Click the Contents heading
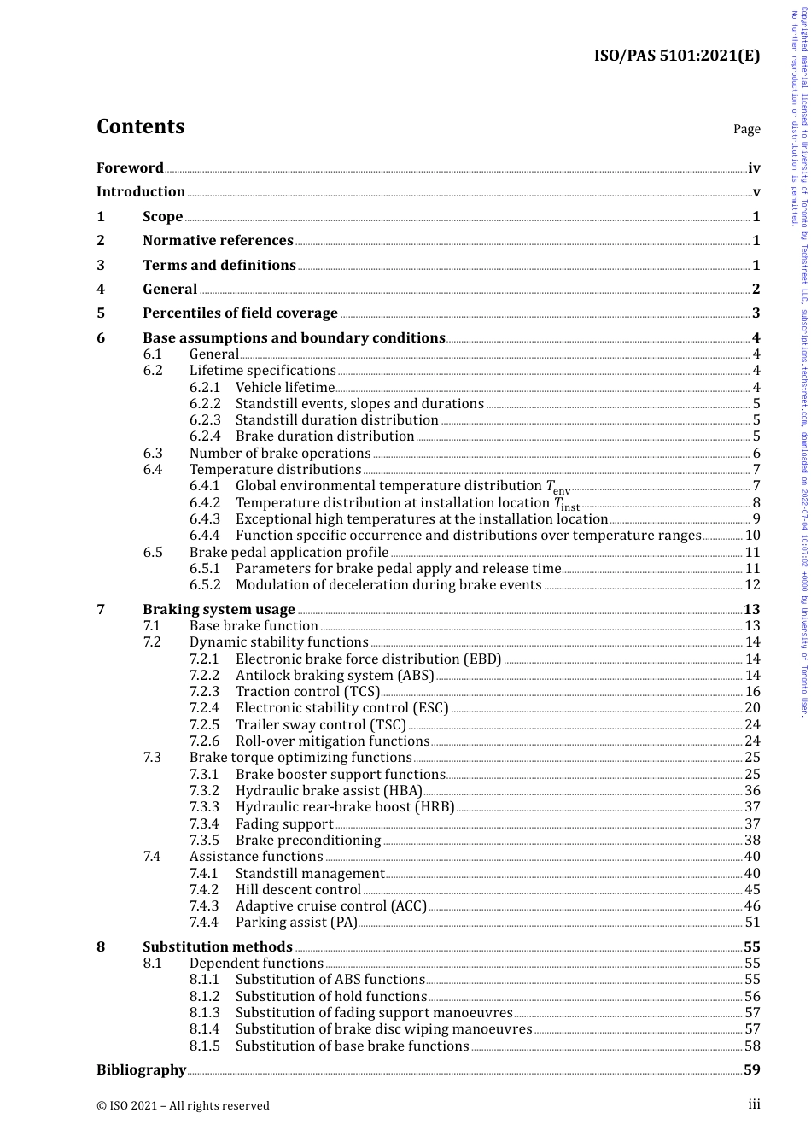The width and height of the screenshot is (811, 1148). (140, 126)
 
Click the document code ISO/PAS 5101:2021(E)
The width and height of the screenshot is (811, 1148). (676, 56)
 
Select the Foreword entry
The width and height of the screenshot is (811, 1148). (130, 168)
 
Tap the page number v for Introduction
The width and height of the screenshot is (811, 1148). (756, 192)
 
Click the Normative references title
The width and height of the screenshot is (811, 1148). (218, 241)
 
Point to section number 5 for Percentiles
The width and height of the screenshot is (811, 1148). (101, 313)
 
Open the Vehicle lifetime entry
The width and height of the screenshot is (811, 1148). (285, 388)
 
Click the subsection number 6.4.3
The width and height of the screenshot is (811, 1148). (204, 519)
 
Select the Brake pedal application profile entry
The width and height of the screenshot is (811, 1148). (289, 553)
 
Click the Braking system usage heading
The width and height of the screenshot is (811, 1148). (219, 610)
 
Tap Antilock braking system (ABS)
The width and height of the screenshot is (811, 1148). (335, 676)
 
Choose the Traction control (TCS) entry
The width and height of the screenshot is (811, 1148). (307, 692)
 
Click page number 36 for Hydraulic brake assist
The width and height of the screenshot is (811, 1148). (752, 791)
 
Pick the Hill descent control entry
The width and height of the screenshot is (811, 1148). (298, 890)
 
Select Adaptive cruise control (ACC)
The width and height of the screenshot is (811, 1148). (330, 906)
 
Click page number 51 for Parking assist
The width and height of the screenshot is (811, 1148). (752, 922)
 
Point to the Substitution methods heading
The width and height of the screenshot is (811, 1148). (217, 947)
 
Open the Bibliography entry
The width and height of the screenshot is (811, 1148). (141, 1070)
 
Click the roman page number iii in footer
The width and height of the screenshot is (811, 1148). (754, 1104)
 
